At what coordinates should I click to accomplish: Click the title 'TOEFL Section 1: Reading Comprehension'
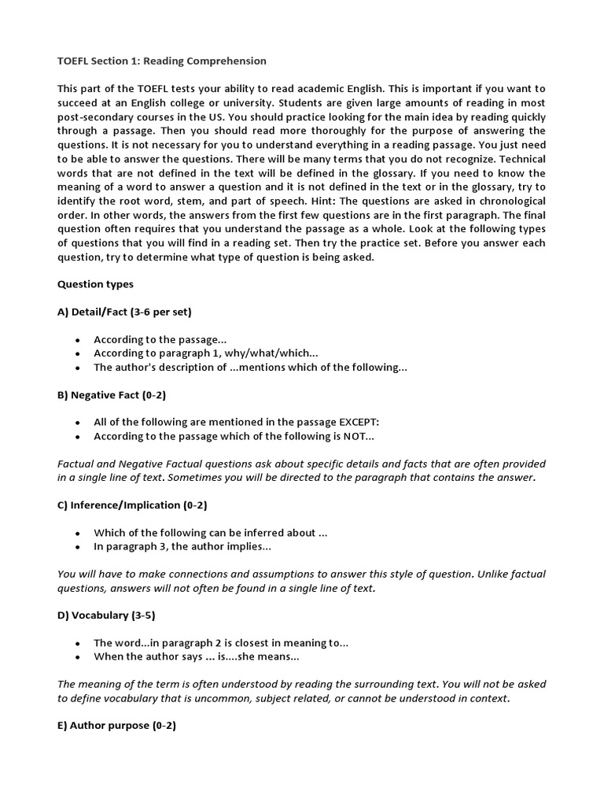tap(162, 61)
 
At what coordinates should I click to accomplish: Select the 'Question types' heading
tap(95, 284)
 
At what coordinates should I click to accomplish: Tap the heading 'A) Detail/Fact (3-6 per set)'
tap(124, 312)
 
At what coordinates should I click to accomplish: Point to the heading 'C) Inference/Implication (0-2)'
tap(132, 505)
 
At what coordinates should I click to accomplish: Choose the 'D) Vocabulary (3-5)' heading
tap(110, 615)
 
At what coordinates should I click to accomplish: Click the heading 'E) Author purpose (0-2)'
tap(116, 725)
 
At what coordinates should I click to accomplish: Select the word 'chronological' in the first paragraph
tap(506, 201)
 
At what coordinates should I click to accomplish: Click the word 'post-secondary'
tap(94, 116)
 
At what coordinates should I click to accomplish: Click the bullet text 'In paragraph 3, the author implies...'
tap(182, 546)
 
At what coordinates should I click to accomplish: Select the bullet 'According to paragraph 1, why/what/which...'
tap(206, 353)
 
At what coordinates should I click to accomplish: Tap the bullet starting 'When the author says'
tap(197, 656)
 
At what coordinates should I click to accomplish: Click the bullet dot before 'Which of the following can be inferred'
tap(77, 533)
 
